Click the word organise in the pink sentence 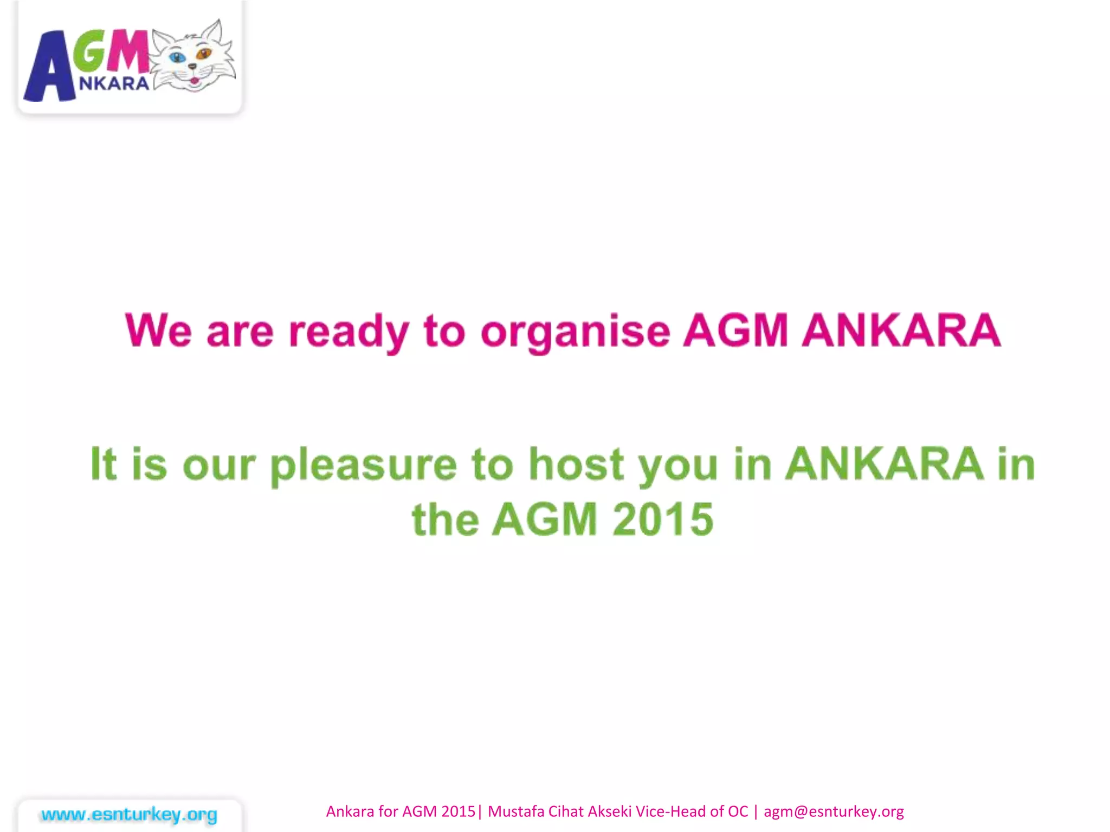(575, 331)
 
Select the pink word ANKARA (901, 330)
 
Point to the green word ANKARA (885, 464)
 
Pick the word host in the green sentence (576, 464)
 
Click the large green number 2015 (663, 519)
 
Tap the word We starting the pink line (158, 330)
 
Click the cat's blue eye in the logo (177, 56)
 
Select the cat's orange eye (204, 54)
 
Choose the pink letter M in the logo (128, 51)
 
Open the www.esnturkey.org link (129, 814)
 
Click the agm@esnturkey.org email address (834, 811)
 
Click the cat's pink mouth (194, 81)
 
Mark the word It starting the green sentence (103, 464)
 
